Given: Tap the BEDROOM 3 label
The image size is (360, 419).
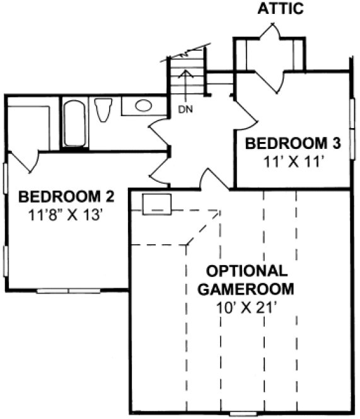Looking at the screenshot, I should (x=293, y=143).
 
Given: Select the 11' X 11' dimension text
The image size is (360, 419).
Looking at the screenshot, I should (x=293, y=161).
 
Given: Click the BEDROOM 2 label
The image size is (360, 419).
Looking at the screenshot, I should (x=66, y=196).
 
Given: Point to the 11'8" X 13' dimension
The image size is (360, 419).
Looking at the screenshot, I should (x=66, y=214).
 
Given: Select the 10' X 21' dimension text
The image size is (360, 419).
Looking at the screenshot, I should (x=247, y=309).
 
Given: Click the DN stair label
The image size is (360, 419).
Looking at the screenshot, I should (x=185, y=110).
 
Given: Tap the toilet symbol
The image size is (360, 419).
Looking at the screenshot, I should (x=103, y=110).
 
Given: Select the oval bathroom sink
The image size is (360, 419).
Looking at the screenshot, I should (x=143, y=105).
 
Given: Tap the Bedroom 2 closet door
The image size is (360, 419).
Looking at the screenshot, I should (x=25, y=160).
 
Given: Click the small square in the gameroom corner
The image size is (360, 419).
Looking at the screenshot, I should (x=156, y=204).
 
